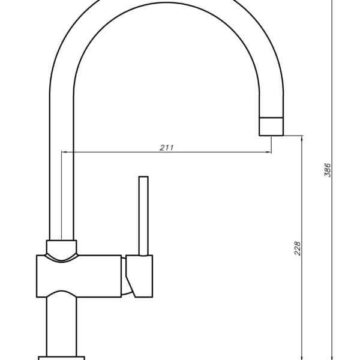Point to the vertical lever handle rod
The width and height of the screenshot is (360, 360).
143,216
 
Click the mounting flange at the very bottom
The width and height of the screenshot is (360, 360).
62,358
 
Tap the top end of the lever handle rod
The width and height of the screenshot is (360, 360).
143,178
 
